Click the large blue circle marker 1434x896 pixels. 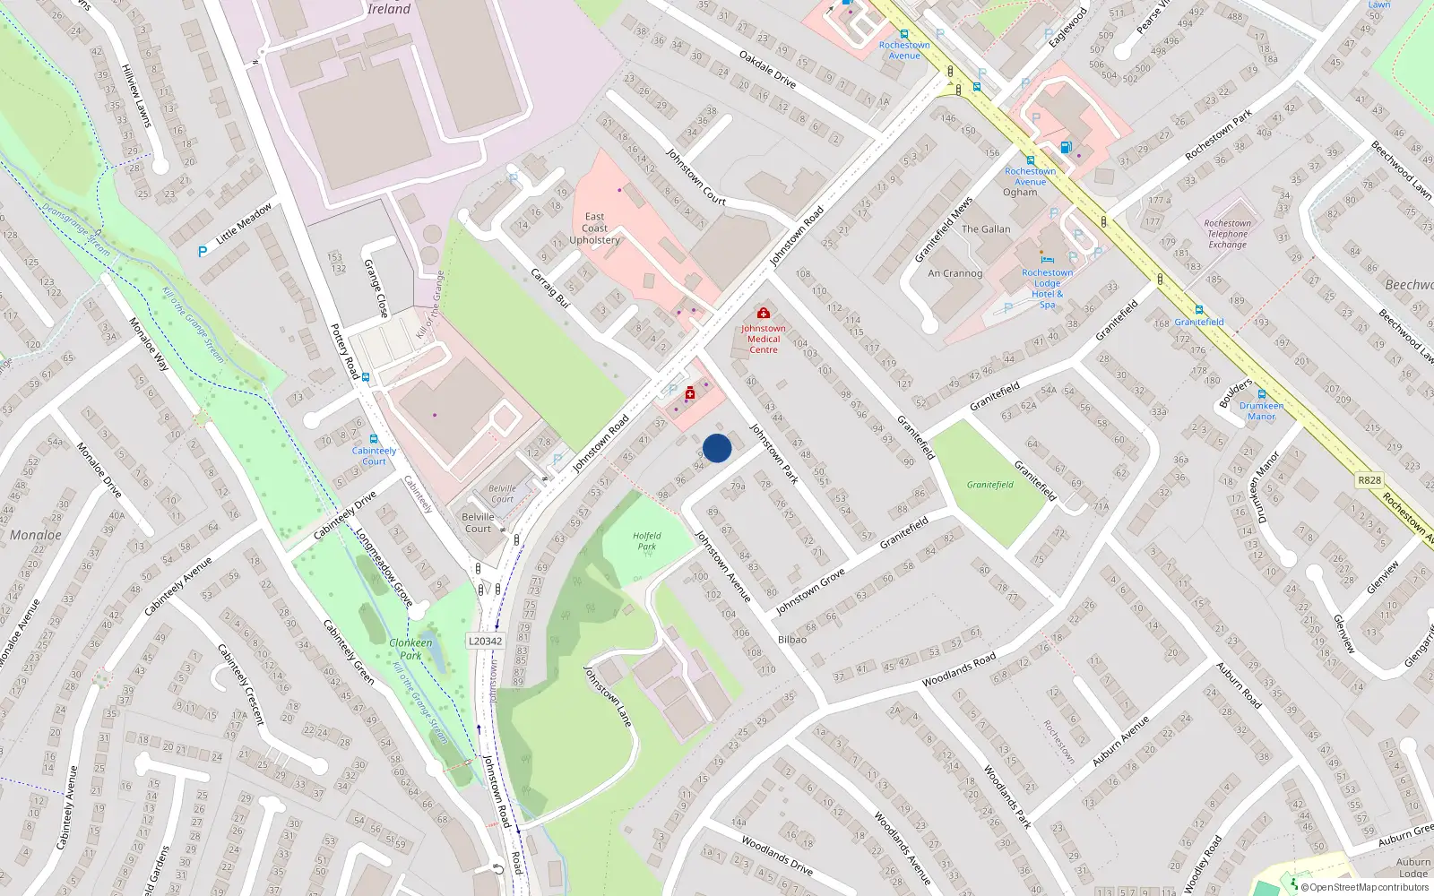(x=717, y=448)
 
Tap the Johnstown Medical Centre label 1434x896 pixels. (x=763, y=339)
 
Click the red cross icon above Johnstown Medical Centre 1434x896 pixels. (x=763, y=313)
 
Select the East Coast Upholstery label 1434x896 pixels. (x=594, y=228)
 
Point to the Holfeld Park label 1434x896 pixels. (x=646, y=541)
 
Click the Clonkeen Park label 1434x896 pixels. (x=410, y=649)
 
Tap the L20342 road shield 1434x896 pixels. (x=485, y=641)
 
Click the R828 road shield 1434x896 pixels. (x=1369, y=479)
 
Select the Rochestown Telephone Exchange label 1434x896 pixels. (x=1227, y=234)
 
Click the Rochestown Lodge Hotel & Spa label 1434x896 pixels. (x=1047, y=289)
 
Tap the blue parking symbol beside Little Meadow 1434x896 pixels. (x=203, y=252)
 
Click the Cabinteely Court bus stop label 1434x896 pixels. (x=374, y=456)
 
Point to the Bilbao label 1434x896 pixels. (x=791, y=640)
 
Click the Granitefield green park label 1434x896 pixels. (x=989, y=485)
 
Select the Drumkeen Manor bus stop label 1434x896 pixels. (x=1261, y=410)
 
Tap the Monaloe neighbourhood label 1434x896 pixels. (x=36, y=535)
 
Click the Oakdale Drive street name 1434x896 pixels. (x=767, y=69)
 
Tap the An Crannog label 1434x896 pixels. (x=955, y=273)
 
